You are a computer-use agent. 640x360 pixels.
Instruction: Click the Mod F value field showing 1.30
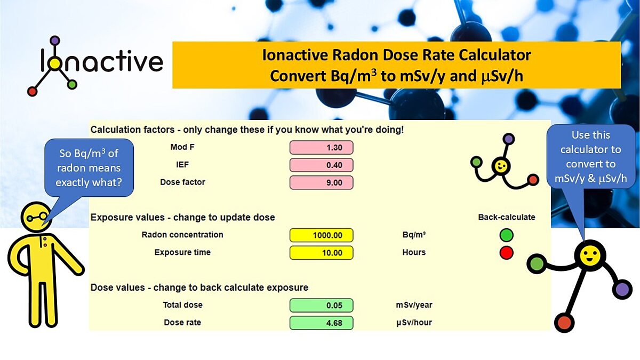(x=321, y=148)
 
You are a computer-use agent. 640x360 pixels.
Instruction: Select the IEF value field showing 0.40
(x=321, y=165)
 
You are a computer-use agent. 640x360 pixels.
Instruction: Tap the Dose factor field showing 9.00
(x=321, y=182)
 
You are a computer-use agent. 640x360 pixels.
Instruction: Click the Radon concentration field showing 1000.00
(x=321, y=235)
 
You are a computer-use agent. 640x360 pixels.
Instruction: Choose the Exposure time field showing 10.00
(x=321, y=252)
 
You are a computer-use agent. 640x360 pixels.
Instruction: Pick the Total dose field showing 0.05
(x=321, y=305)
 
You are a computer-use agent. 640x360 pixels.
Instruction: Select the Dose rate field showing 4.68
(x=321, y=323)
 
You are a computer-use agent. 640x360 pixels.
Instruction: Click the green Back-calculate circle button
(x=507, y=235)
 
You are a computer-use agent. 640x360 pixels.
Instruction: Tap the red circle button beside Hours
(x=507, y=252)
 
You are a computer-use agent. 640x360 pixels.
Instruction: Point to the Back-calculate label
(x=507, y=217)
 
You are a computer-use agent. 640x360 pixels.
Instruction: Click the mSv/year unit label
(x=411, y=305)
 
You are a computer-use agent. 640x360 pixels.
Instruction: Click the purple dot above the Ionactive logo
(x=54, y=40)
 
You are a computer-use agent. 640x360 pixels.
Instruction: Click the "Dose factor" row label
(x=182, y=182)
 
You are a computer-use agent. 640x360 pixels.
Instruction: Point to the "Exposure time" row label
(x=182, y=252)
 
